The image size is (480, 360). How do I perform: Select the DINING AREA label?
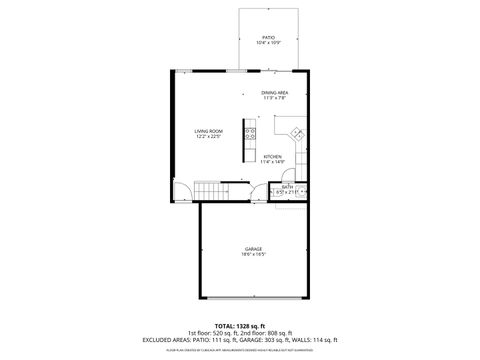point(275,92)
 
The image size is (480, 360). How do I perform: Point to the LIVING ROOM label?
point(208,132)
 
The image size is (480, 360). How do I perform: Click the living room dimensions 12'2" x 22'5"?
point(208,138)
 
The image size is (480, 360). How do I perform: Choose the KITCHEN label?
point(273,155)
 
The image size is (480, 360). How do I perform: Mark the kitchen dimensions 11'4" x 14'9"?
point(273,161)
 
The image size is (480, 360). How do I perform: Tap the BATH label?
point(287,186)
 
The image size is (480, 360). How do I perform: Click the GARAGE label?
point(254,248)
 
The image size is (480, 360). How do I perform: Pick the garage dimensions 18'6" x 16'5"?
point(254,254)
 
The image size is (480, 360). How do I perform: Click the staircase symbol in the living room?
point(207,191)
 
